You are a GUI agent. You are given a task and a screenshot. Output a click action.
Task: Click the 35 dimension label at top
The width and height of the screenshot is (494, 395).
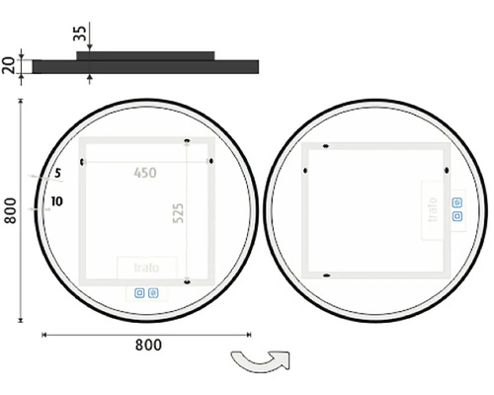80,33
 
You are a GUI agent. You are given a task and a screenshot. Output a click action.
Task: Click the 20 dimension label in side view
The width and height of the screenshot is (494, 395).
9,65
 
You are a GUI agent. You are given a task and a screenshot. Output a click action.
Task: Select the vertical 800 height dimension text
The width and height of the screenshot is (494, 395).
10,211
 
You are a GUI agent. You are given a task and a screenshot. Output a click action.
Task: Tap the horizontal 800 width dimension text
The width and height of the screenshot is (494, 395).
148,345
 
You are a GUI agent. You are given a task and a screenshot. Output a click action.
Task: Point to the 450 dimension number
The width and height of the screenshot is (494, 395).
145,173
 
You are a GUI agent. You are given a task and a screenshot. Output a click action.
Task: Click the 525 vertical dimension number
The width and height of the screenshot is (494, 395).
178,213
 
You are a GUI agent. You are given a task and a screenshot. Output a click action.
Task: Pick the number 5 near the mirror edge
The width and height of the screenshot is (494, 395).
58,173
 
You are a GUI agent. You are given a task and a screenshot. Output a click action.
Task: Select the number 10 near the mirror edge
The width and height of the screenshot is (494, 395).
56,201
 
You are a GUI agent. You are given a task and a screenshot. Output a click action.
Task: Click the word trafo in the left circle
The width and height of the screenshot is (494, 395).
146,268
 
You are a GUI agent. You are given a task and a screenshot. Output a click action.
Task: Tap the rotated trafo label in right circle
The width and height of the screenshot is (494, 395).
433,209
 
